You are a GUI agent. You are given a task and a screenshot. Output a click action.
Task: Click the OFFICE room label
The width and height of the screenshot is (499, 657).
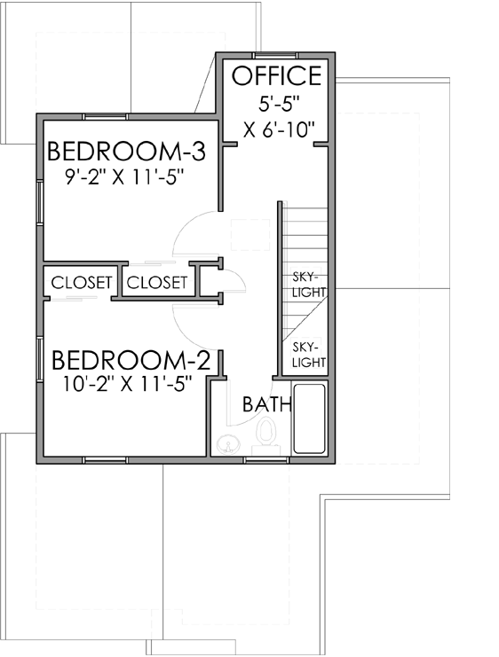[276, 76]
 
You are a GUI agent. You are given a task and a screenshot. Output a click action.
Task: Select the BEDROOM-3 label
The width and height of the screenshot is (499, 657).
[126, 151]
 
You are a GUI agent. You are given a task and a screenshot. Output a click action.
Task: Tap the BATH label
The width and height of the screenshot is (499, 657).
[267, 405]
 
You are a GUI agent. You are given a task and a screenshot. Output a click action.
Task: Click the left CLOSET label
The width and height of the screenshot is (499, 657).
[82, 283]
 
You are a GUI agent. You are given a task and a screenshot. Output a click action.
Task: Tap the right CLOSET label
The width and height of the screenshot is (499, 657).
[156, 283]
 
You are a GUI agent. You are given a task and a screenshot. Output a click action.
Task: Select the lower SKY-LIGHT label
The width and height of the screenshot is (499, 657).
[309, 355]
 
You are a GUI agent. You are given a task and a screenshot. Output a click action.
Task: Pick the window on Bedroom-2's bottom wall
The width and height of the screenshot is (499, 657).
[106, 459]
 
